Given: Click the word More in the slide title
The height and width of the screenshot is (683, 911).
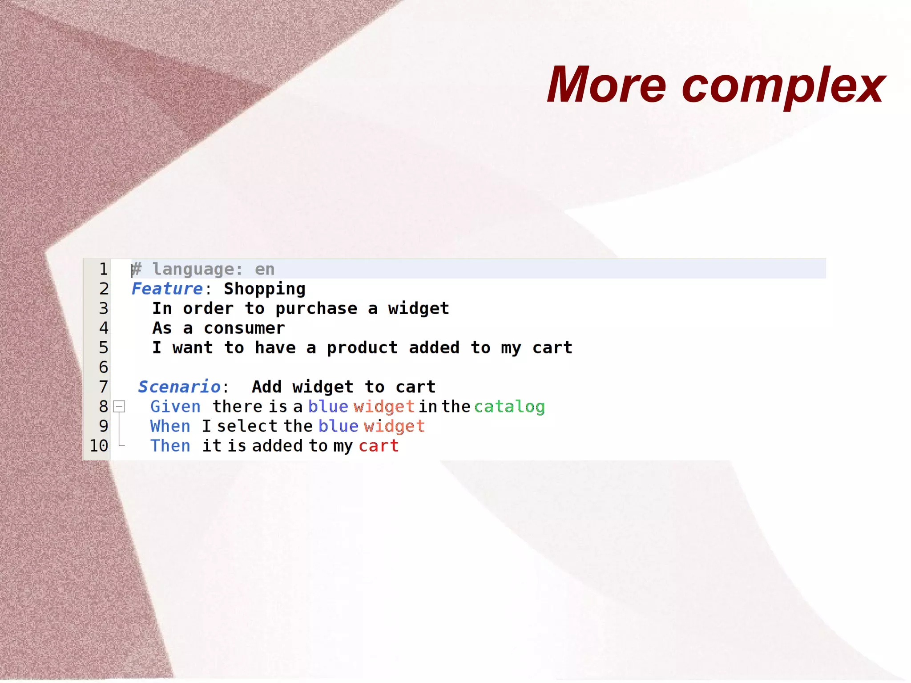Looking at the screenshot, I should click(606, 85).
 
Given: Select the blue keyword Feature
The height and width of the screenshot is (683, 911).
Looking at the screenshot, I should click(167, 289).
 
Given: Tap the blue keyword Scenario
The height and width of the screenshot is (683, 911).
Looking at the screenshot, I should click(179, 387).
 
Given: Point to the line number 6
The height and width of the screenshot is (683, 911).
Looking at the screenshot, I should click(103, 367).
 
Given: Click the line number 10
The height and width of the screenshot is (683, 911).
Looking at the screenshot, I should click(99, 445).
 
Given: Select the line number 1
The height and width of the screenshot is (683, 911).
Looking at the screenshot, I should click(103, 269).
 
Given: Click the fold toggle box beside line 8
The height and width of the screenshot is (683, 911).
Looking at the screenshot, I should click(119, 406).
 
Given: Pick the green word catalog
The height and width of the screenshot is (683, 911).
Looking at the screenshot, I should click(509, 407).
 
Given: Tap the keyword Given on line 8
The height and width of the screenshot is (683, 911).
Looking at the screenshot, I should click(175, 407).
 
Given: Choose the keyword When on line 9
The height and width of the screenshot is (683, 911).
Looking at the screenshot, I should click(170, 426).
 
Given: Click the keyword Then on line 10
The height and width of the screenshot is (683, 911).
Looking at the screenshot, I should click(170, 446).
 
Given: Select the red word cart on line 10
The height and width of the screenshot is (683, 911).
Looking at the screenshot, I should click(379, 446).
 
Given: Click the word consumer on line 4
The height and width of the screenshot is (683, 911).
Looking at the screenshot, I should click(244, 328).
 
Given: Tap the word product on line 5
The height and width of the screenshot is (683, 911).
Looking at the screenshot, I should click(362, 348).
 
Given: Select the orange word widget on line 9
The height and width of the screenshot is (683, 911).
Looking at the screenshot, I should click(394, 426).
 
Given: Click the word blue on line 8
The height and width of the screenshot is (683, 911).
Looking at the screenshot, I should click(328, 407).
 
